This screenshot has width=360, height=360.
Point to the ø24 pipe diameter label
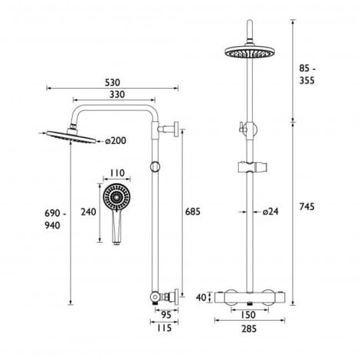[x=268, y=211]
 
